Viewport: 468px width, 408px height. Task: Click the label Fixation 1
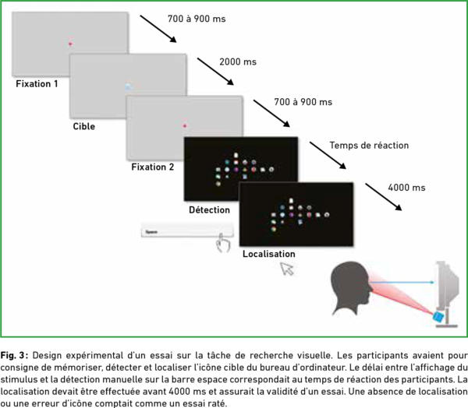[37, 83]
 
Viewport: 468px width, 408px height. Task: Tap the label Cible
[83, 125]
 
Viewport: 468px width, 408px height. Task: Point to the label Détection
[209, 210]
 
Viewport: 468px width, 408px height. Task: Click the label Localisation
[269, 254]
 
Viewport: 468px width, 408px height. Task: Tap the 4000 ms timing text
[406, 188]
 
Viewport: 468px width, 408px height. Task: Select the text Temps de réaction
[369, 146]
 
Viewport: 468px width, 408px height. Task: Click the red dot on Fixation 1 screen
[70, 44]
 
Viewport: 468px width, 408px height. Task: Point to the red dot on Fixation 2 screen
[184, 125]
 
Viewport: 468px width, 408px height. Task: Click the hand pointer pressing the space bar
[225, 244]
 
